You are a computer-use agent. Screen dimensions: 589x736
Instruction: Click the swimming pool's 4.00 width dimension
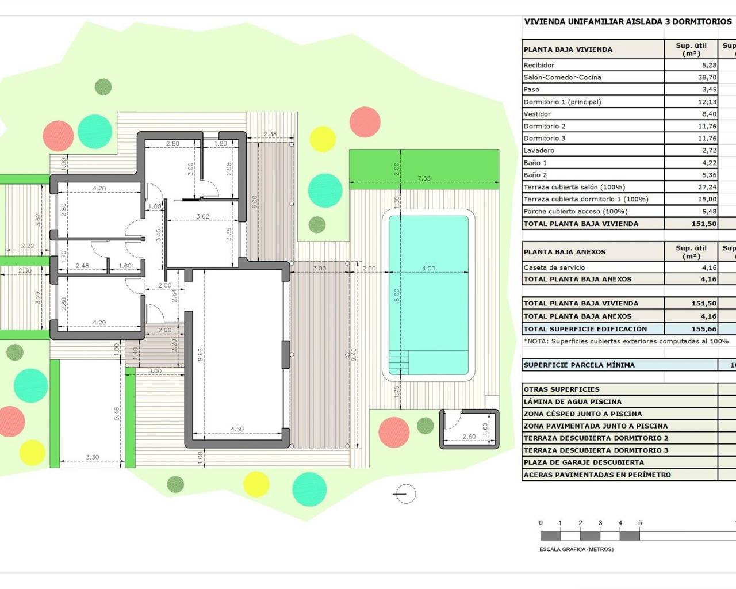point(428,269)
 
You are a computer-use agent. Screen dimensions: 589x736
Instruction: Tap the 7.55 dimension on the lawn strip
point(424,178)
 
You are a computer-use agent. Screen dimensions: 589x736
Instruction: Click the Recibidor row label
point(539,65)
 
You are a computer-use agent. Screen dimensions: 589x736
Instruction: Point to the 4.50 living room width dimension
point(237,429)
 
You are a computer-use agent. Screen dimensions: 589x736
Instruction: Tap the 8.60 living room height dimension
point(200,354)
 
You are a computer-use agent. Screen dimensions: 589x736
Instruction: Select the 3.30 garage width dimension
point(92,457)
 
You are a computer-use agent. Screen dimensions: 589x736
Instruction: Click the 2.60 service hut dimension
point(469,437)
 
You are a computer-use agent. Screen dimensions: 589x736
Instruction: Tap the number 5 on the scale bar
point(640,523)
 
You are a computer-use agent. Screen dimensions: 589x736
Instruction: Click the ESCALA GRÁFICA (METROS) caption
point(576,549)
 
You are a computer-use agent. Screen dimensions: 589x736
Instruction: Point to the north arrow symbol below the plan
point(405,494)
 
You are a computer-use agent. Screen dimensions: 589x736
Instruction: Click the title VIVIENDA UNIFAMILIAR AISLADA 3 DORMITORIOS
point(627,22)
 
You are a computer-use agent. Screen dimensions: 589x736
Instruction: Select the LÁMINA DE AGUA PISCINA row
point(572,401)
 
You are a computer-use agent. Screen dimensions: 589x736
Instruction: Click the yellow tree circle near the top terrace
point(323,139)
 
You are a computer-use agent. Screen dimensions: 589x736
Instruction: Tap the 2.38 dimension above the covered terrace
point(270,134)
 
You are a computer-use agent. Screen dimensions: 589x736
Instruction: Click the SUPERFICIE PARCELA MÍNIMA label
point(578,365)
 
